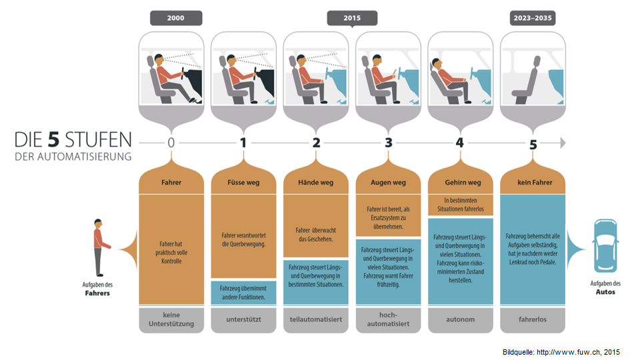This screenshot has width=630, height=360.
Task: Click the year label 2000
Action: [x=176, y=19]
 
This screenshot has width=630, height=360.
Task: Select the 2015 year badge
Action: [x=352, y=19]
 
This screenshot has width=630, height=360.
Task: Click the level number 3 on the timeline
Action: [x=389, y=143]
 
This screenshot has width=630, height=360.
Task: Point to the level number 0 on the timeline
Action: [x=171, y=143]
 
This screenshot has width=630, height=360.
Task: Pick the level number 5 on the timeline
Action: [x=533, y=143]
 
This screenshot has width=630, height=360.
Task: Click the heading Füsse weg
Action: [x=243, y=182]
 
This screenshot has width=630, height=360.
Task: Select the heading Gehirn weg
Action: [x=461, y=182]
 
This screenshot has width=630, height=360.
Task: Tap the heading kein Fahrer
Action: [x=533, y=182]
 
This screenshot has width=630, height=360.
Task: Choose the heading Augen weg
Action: [x=388, y=182]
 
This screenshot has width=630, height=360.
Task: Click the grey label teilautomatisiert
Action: [x=316, y=319]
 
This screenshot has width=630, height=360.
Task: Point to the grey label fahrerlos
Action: [x=533, y=319]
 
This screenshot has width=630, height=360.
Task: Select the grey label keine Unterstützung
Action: [x=171, y=319]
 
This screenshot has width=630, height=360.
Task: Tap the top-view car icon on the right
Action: [x=607, y=248]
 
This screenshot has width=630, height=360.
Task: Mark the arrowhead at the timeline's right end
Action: [x=562, y=143]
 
